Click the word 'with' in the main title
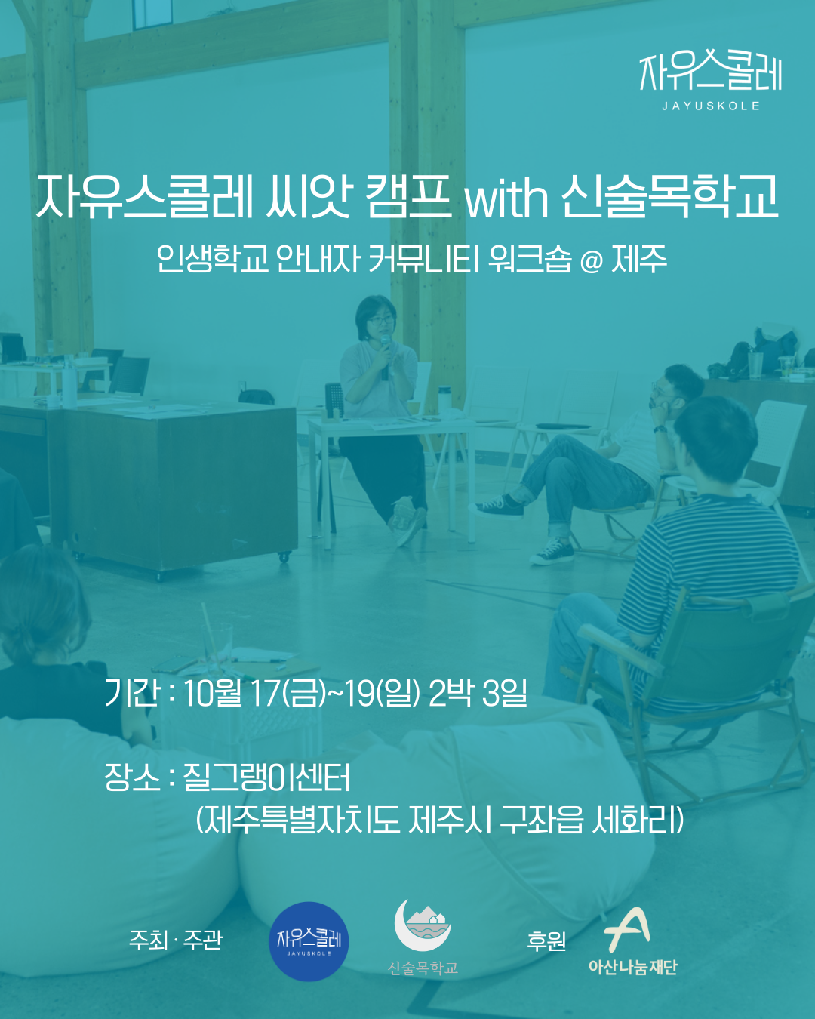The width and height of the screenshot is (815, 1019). pos(506,197)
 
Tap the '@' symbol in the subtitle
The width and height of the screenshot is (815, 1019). pos(591,261)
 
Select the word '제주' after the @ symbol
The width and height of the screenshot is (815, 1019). pos(639,259)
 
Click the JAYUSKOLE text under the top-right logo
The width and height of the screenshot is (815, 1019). pos(711,106)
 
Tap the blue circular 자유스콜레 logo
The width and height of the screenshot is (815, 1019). pos(309,941)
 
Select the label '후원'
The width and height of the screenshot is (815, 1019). pos(546,940)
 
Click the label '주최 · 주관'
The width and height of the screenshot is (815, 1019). pos(176,940)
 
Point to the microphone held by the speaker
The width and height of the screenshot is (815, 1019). pos(385,356)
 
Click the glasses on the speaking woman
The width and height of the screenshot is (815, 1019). pos(380,320)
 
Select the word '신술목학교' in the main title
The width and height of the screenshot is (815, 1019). pos(671,197)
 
